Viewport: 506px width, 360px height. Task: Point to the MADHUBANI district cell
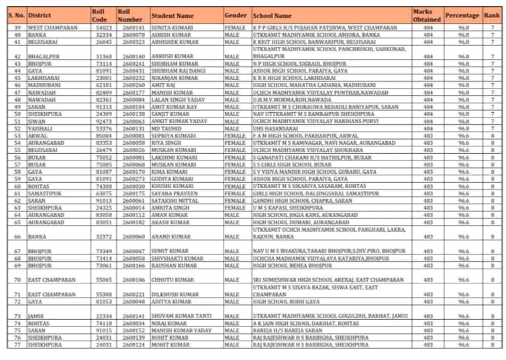click(42, 86)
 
